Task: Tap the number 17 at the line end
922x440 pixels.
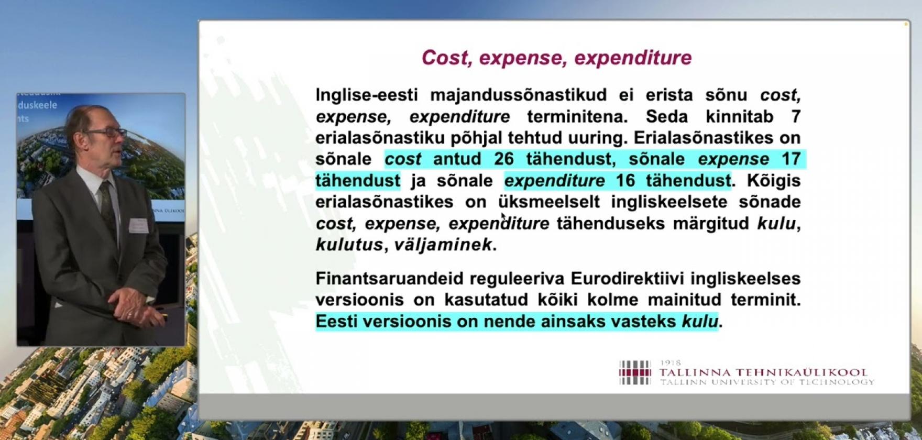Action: pyautogui.click(x=792, y=159)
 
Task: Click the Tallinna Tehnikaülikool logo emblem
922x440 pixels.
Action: pyautogui.click(x=635, y=372)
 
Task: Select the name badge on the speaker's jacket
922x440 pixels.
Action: pyautogui.click(x=137, y=224)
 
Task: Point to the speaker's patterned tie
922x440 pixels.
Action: pyautogui.click(x=107, y=204)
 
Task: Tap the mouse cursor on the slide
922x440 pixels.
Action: pyautogui.click(x=503, y=217)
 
